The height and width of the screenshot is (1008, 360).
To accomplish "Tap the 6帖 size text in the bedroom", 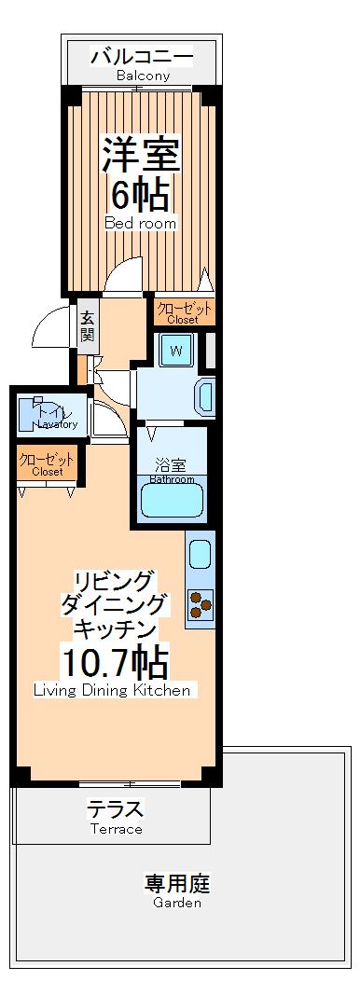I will [x=140, y=196].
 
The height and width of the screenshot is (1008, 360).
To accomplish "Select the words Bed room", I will [x=140, y=224].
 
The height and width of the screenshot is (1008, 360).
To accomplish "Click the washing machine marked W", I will [x=174, y=352].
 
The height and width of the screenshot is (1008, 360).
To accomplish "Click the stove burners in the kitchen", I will [x=200, y=604].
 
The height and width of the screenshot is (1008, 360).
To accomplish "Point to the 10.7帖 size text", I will [x=115, y=663].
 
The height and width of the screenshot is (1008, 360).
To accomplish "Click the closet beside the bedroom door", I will [x=185, y=311].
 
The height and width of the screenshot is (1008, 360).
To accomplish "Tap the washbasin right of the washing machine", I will [x=205, y=396].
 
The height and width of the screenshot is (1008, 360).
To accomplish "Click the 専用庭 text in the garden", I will [x=177, y=882].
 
